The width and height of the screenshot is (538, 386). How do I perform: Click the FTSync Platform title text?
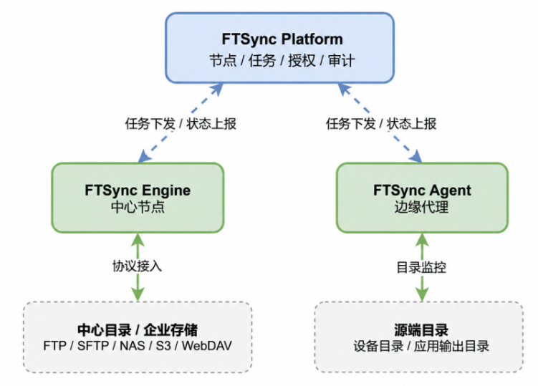282,39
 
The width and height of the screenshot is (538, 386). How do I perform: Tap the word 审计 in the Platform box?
342,61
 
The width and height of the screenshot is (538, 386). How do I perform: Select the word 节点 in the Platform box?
223,61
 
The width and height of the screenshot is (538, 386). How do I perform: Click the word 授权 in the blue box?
302,61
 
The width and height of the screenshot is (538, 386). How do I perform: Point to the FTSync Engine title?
138,190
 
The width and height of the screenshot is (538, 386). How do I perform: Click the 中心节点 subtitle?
138,207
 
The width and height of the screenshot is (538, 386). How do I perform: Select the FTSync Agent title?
422,190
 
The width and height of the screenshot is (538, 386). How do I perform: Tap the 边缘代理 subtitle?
422,207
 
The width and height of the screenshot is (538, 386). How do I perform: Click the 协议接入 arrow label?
137,266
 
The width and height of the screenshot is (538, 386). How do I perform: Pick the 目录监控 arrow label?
421,267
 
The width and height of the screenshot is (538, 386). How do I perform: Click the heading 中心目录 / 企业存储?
138,330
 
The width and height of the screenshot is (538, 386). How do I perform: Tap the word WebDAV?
207,346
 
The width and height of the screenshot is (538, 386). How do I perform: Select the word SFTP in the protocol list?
93,346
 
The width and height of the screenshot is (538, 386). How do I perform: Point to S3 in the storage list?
163,346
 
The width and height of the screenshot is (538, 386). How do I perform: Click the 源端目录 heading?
421,330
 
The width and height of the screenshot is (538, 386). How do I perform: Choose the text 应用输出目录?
451,347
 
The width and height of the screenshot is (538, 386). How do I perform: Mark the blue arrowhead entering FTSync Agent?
415,156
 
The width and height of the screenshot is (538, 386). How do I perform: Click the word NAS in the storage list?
132,346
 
